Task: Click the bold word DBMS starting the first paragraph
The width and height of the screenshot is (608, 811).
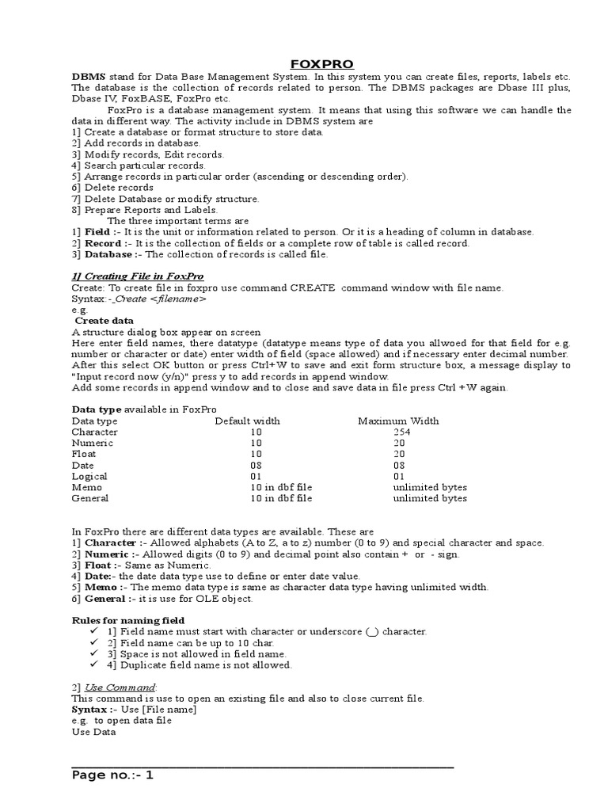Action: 87,76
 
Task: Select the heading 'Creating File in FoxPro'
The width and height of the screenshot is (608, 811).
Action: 137,276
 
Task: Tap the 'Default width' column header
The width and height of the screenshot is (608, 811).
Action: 247,421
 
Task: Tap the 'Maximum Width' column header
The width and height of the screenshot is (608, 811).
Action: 398,421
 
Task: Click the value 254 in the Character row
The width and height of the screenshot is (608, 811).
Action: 403,432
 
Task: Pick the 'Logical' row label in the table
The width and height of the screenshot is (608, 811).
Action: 89,476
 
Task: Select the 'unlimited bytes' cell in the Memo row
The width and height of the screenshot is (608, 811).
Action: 429,487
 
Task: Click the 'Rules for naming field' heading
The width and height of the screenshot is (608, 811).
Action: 128,619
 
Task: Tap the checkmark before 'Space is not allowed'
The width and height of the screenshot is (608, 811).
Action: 95,654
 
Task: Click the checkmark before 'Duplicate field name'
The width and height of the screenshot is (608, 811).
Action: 95,665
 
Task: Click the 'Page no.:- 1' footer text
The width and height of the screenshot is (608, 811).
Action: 112,775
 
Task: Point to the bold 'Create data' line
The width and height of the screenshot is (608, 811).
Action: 104,320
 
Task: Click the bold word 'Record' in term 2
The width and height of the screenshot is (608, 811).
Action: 103,243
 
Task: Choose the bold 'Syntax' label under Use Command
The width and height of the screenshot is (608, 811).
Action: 89,709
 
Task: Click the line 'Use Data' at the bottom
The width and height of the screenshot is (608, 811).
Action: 93,732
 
